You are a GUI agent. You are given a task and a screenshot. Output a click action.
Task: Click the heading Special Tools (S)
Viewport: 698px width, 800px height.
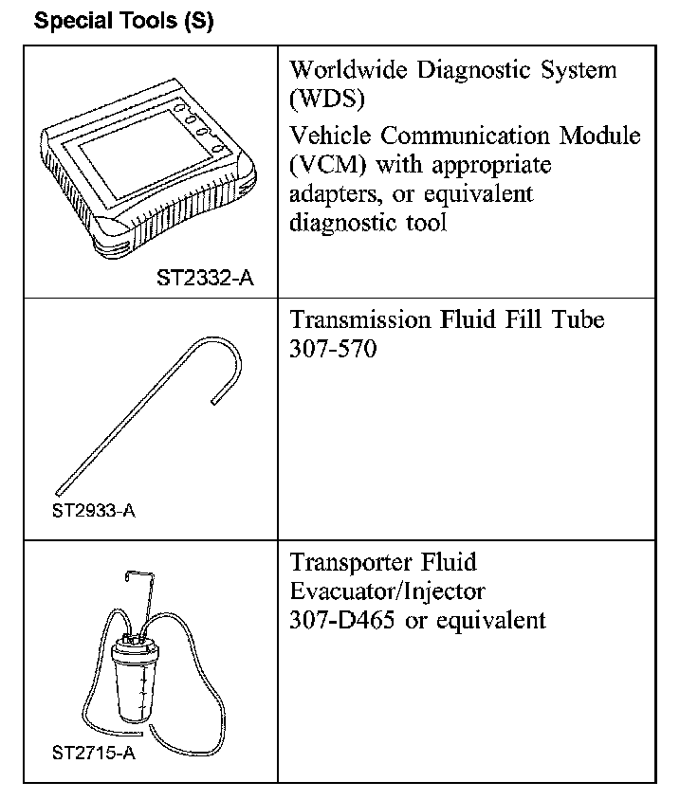coord(123,21)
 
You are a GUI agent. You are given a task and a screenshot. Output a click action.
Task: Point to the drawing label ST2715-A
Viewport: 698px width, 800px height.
coord(92,755)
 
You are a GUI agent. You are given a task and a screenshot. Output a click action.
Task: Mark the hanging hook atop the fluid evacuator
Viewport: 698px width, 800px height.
coord(137,583)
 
